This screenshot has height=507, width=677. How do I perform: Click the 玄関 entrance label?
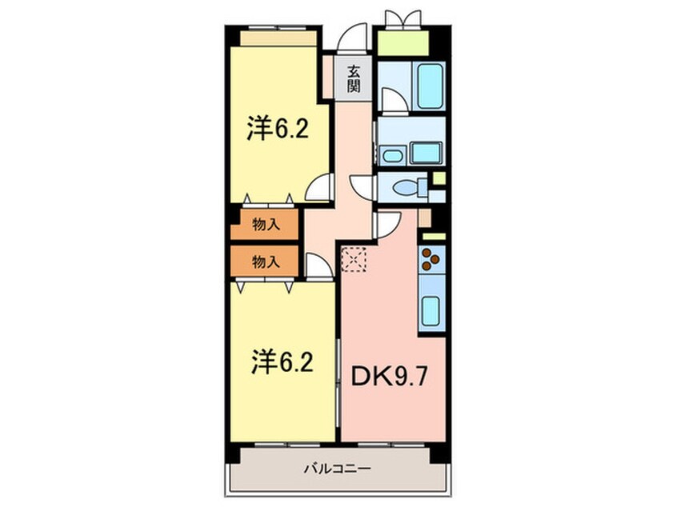(x=352, y=77)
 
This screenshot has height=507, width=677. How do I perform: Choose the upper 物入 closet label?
(x=265, y=226)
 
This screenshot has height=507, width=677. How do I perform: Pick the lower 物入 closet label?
(x=265, y=261)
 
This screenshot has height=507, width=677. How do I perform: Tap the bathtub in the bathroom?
(x=429, y=86)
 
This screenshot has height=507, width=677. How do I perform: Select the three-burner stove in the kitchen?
(x=431, y=259)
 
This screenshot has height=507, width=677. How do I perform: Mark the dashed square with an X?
(x=353, y=259)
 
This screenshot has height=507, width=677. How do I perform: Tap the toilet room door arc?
(x=363, y=188)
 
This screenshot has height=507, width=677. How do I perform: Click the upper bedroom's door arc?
(x=318, y=189)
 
